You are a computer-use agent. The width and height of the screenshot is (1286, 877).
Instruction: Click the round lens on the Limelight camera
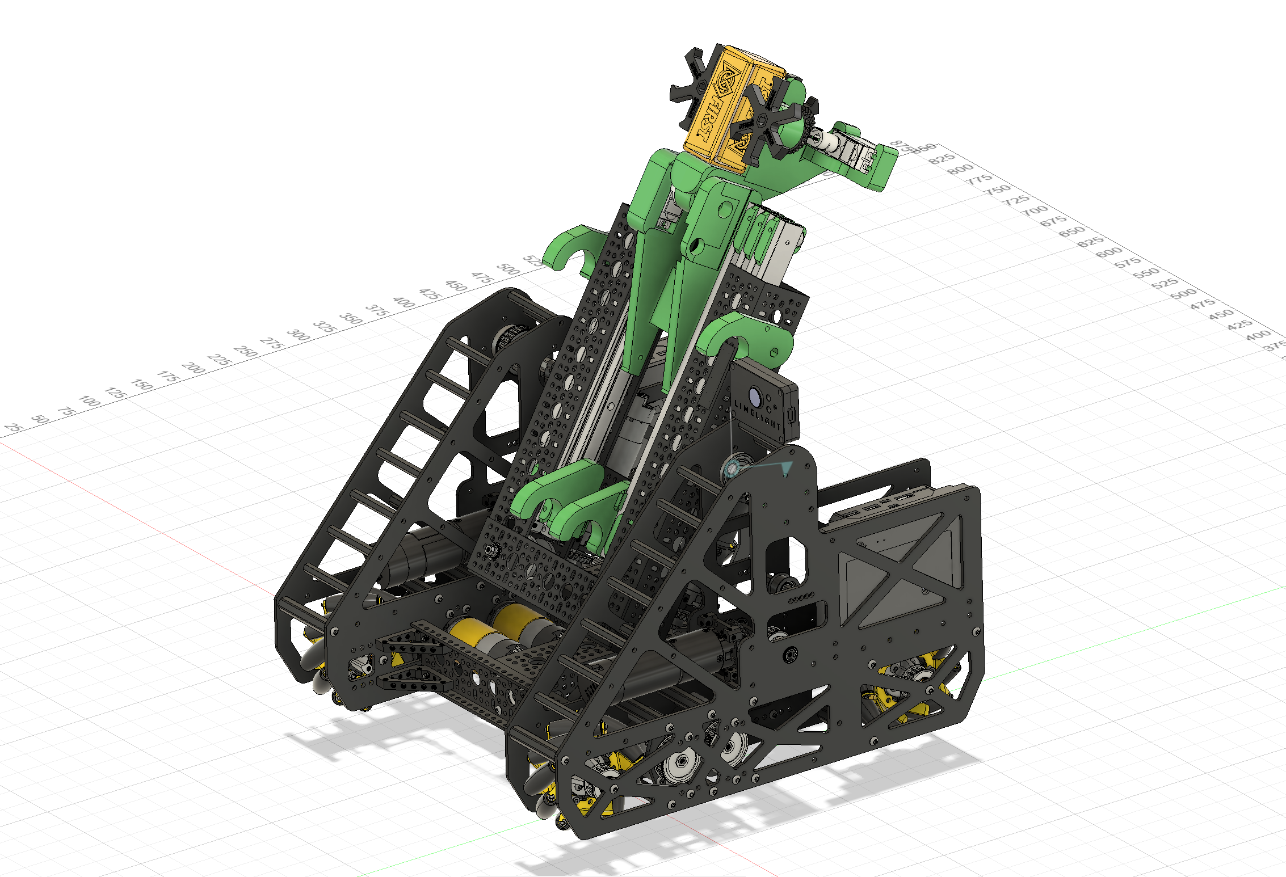[x=755, y=394]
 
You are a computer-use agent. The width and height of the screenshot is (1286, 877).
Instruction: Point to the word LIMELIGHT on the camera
[x=758, y=415]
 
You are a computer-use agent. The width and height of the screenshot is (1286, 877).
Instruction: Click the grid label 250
[x=246, y=351]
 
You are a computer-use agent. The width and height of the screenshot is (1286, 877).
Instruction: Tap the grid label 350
[x=351, y=319]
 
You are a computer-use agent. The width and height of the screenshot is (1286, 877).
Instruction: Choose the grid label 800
[x=961, y=168]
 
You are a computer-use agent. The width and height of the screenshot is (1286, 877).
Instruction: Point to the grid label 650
[x=1072, y=231]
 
